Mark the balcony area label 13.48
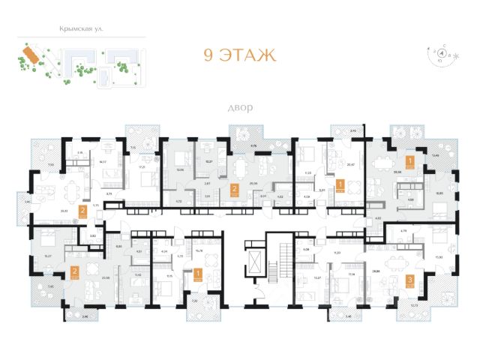[435, 156]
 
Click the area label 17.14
[350, 276]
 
